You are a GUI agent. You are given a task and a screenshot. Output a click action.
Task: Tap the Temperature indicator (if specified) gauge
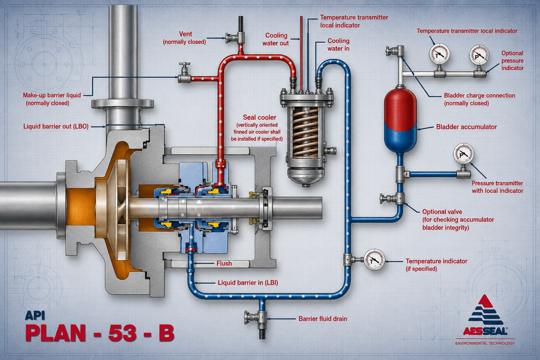tap(374, 260)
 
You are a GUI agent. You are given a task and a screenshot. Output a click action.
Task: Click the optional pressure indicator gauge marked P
tap(479, 55)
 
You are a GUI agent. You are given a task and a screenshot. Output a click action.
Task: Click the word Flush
tap(224, 263)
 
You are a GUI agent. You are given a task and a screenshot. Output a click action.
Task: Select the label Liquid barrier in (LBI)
tap(248, 283)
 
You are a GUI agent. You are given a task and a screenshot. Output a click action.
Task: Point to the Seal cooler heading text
tap(259, 117)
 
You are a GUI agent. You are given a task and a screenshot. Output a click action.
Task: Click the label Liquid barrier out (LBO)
tap(56, 126)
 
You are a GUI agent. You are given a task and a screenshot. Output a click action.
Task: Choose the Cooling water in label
tap(338, 45)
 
